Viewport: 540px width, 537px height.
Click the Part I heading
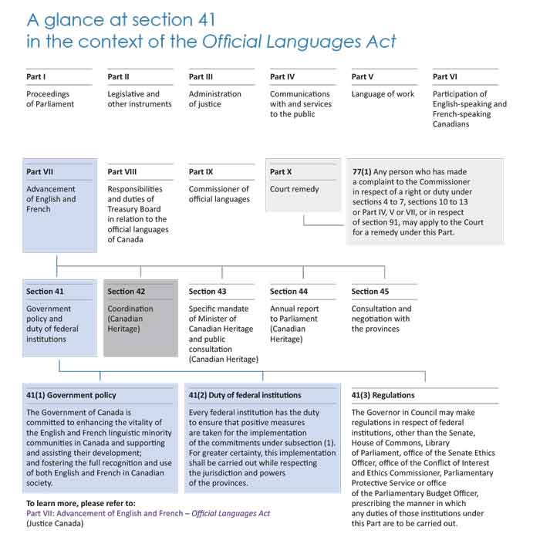pyautogui.click(x=36, y=77)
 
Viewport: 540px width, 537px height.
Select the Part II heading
pyautogui.click(x=119, y=77)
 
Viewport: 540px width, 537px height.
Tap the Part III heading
pyautogui.click(x=201, y=77)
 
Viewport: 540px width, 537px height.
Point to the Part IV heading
pyautogui.click(x=282, y=77)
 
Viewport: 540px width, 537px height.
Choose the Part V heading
pyautogui.click(x=363, y=77)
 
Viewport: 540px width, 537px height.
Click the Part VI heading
pyautogui.click(x=445, y=77)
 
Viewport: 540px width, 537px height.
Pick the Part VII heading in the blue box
pyautogui.click(x=39, y=172)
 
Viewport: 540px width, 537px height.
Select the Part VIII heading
pyautogui.click(x=122, y=172)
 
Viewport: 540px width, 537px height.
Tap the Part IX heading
pyautogui.click(x=201, y=172)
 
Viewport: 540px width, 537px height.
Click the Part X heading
pyautogui.click(x=281, y=172)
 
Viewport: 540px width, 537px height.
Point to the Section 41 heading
pyautogui.click(x=45, y=292)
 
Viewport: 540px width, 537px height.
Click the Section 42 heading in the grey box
pyautogui.click(x=127, y=292)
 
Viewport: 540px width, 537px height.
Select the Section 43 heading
pyautogui.click(x=208, y=292)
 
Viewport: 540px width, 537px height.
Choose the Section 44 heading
pyautogui.click(x=289, y=292)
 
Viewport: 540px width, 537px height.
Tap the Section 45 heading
pyautogui.click(x=370, y=292)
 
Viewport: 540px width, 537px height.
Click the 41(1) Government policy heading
pyautogui.click(x=71, y=395)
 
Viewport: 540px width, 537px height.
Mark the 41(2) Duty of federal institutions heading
pyautogui.click(x=245, y=395)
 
